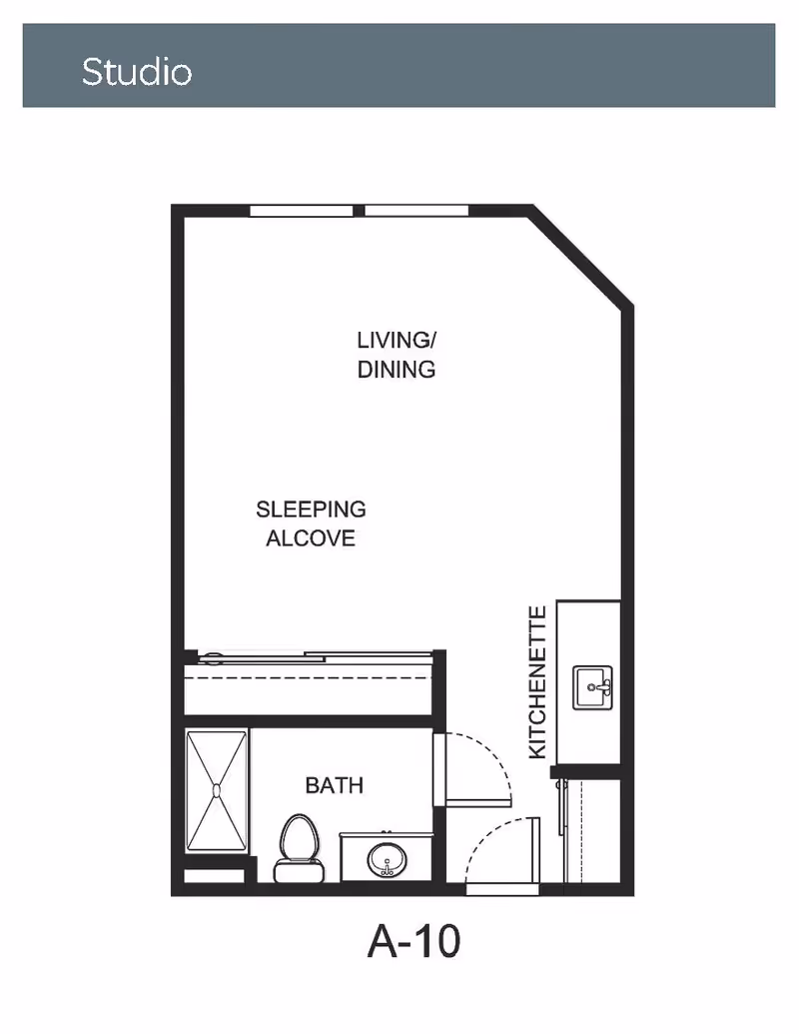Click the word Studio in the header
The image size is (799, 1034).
click(137, 71)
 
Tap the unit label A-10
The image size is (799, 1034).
click(414, 941)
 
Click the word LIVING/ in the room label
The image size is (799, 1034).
click(397, 341)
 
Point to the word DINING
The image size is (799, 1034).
click(397, 370)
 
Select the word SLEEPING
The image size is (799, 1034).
click(311, 510)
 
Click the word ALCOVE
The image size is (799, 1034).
click(311, 538)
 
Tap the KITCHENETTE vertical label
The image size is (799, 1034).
click(538, 682)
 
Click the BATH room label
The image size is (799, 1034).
click(335, 785)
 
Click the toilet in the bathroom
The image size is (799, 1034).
click(300, 848)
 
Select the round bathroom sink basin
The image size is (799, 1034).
click(387, 860)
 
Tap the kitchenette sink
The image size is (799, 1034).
click(592, 687)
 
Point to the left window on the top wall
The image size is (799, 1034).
click(302, 211)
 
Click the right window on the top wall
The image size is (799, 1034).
click(416, 211)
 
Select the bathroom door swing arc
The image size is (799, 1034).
click(495, 752)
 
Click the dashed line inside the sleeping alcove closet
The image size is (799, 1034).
click(308, 677)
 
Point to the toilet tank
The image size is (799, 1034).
click(300, 871)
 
